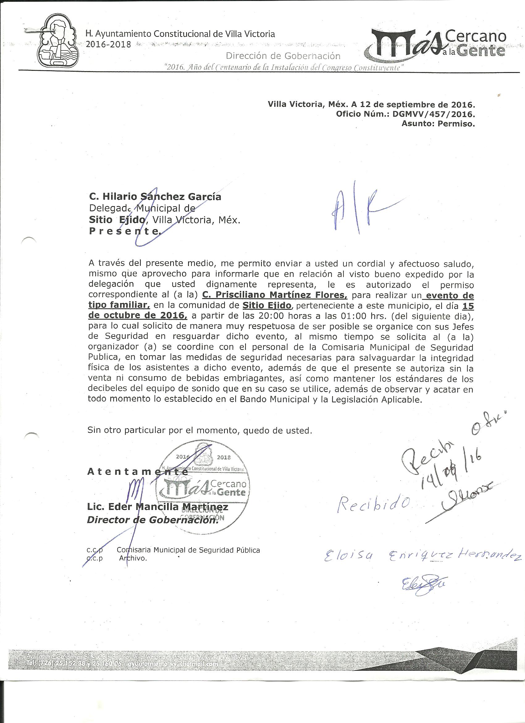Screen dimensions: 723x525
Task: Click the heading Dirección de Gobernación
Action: pos(283,56)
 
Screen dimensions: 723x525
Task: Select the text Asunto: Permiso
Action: pos(438,124)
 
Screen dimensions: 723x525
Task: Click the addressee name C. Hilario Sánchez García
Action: pos(155,197)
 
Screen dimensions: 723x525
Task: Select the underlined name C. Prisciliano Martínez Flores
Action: pos(275,295)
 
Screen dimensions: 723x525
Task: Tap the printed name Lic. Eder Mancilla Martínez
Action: pos(157,507)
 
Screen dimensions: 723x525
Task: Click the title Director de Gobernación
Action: pos(153,520)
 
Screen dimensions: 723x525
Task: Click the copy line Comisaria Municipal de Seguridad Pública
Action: pos(188,550)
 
